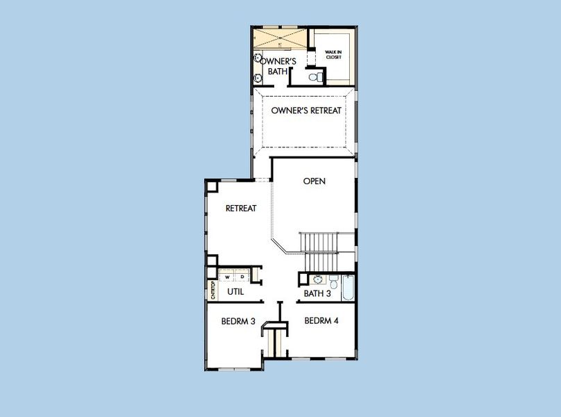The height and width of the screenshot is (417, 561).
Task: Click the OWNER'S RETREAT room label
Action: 306,111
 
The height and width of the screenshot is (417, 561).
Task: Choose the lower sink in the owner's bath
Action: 258,77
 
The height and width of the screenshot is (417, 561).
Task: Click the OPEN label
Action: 315,181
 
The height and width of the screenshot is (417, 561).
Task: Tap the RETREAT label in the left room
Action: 241,208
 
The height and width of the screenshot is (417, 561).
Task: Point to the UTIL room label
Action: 235,292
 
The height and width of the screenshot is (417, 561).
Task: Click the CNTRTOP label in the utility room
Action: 212,290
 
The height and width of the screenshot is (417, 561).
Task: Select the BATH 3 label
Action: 317,294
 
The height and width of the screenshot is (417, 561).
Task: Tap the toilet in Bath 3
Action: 333,282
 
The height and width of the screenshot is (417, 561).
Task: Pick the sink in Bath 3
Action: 317,279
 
